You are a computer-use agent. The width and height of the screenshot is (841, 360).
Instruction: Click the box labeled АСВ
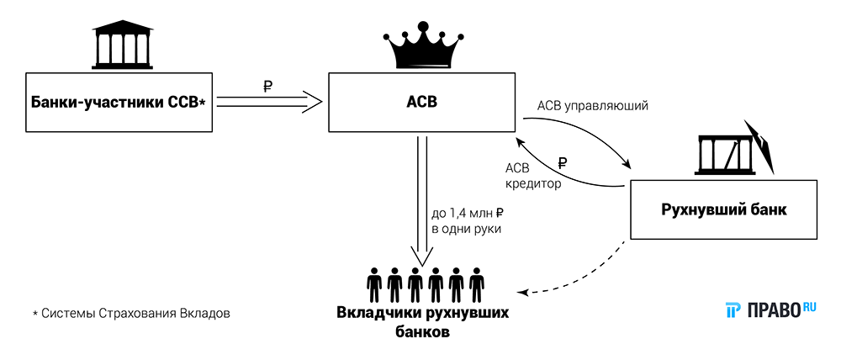(x=421, y=103)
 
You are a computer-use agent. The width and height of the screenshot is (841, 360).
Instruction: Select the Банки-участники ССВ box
(x=118, y=103)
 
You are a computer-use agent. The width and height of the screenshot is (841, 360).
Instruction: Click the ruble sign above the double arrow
(x=267, y=85)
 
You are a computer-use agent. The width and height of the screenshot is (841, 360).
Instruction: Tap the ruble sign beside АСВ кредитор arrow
(x=563, y=163)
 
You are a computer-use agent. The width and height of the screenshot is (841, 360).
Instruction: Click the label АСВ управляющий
(x=592, y=107)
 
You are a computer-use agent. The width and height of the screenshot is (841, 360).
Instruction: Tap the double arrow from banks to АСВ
(x=269, y=103)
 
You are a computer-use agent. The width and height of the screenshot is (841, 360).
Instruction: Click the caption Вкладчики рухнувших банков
(x=422, y=321)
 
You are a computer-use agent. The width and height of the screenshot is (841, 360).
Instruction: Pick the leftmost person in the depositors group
(x=373, y=285)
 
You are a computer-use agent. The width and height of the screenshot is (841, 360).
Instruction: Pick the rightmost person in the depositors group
(x=476, y=285)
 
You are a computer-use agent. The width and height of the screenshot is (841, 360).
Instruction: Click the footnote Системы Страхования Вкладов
(x=130, y=314)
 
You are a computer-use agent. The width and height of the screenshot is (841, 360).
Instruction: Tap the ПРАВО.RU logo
(x=770, y=310)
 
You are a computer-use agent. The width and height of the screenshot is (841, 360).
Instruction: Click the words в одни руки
(x=466, y=230)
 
